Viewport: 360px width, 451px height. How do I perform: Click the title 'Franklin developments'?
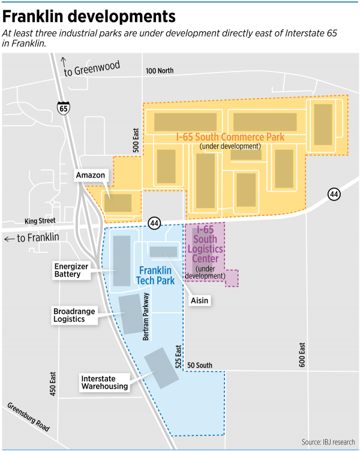tap(89, 15)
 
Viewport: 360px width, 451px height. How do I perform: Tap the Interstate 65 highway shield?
tap(64, 108)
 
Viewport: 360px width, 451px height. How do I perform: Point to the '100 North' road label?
tap(159, 71)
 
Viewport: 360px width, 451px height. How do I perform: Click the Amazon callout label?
tap(91, 175)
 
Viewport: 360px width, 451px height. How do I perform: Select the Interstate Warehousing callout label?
tap(104, 382)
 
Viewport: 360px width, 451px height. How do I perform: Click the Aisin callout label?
tap(200, 300)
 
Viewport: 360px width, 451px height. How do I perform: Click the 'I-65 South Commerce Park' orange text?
tap(230, 138)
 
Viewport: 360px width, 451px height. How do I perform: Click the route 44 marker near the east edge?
tap(334, 194)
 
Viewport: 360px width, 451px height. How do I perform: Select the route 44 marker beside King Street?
tap(155, 223)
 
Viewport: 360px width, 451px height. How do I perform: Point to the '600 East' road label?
tap(302, 354)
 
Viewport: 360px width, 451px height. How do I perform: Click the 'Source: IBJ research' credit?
tap(328, 442)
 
